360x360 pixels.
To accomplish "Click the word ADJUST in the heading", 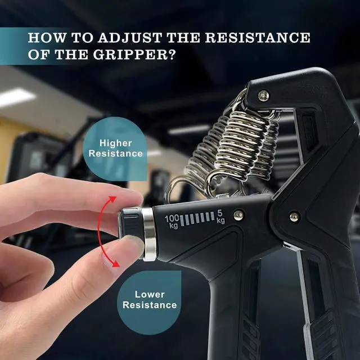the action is coord(130,38).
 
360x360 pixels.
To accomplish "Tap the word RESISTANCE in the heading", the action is coord(258,38).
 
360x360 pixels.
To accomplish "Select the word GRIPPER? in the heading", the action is coord(134,55).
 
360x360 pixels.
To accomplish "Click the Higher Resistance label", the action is coord(116,148).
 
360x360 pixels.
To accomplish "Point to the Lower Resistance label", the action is coord(150,300).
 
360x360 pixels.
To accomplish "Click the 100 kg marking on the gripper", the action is coord(172,221).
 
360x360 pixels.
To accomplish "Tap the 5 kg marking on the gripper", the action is coord(220,217).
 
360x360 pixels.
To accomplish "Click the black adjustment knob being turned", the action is coord(130,223).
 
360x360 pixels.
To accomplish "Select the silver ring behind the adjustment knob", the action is coord(148,234).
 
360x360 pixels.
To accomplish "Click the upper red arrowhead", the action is coord(113,199).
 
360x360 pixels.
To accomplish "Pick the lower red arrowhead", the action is coord(115,263).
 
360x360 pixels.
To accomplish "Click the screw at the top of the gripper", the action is coord(263,95).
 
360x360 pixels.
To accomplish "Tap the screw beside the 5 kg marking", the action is coord(238,215).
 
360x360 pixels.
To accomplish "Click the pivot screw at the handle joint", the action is coord(294,217).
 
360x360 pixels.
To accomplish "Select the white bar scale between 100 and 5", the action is coord(197,219).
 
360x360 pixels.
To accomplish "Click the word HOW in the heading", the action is coord(47,38).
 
